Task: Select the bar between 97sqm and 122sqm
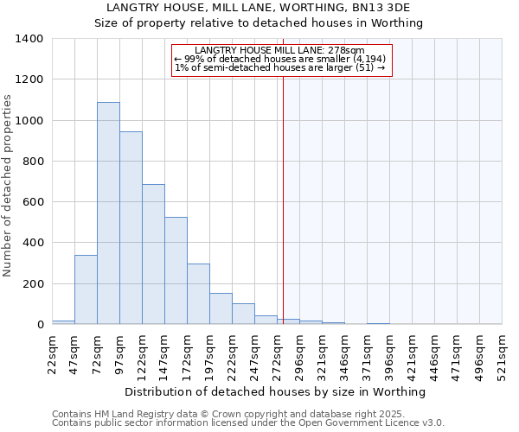click(x=131, y=228)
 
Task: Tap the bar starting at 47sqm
click(x=86, y=289)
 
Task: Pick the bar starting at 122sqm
click(x=153, y=254)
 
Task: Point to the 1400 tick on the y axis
click(x=29, y=39)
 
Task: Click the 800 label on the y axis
click(x=33, y=162)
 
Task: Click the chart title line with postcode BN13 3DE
click(x=259, y=8)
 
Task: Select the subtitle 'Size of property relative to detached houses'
click(x=259, y=23)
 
